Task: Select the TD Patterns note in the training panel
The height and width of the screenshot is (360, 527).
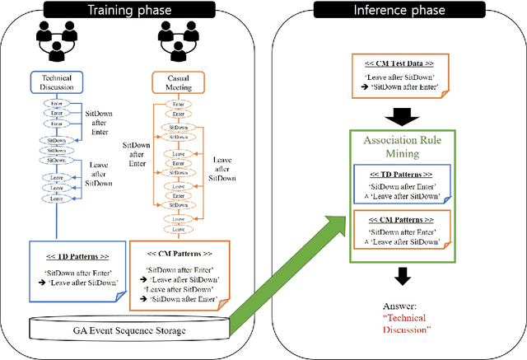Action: point(75,267)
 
